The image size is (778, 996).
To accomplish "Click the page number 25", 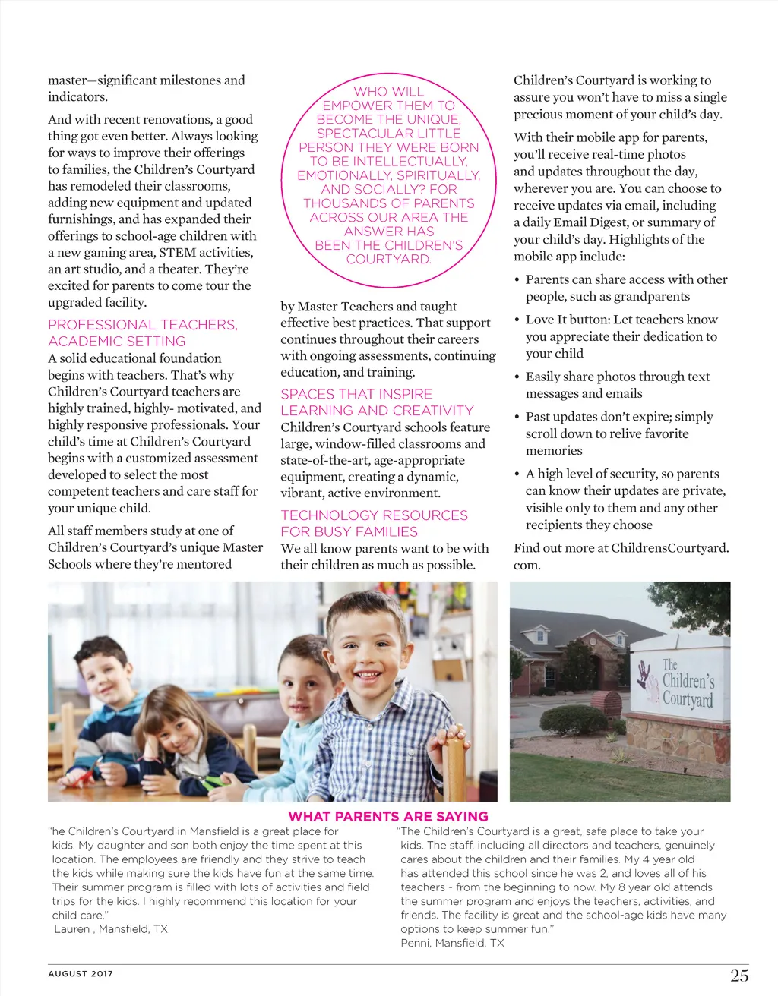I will click(739, 976).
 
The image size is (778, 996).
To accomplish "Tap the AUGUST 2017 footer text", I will click(81, 973).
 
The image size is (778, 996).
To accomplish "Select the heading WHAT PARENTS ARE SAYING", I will click(388, 817).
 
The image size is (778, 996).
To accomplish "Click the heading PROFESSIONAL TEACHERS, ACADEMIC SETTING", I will click(143, 333).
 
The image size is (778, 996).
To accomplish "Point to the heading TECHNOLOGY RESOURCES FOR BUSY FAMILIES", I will click(374, 523).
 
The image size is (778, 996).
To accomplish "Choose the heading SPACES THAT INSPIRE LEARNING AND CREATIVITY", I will click(377, 402).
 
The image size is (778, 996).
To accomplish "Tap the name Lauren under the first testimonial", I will click(72, 929).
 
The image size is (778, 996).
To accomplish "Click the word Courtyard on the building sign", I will click(688, 699).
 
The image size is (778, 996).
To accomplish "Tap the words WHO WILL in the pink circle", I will click(388, 92).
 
